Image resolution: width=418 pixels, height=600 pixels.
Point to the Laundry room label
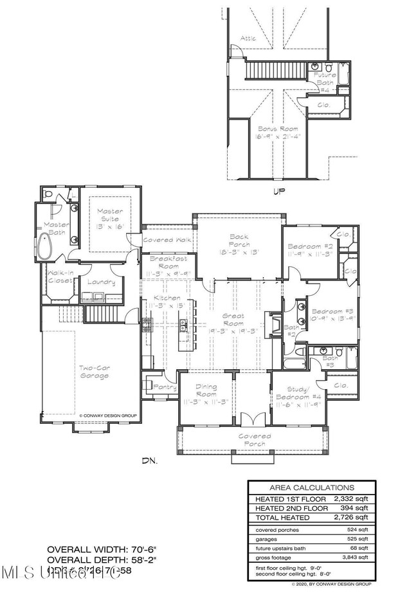[x=103, y=282]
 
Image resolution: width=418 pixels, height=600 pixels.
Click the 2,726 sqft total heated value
[x=353, y=516]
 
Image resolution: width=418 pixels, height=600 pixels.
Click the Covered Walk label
[x=167, y=239]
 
